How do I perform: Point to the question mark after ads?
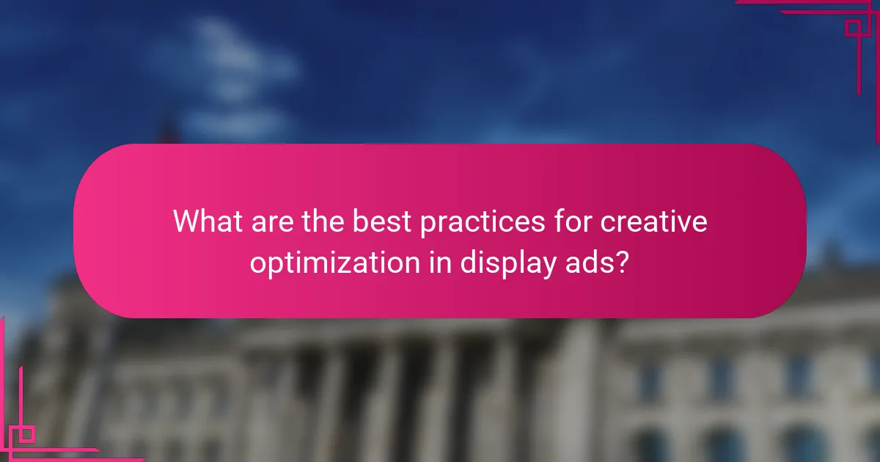point(621,262)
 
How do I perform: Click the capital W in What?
point(186,221)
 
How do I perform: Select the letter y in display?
point(543,266)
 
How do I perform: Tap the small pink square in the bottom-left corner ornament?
point(26,434)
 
